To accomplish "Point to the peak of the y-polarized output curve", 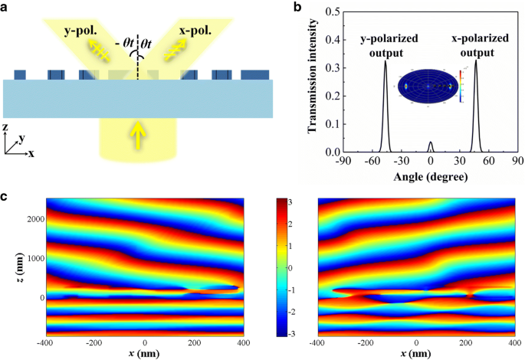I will tap(386, 62).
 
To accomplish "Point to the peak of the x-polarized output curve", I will tap(476, 61).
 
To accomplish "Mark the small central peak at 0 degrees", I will tap(431, 142).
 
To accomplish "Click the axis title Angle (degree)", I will tap(431, 176).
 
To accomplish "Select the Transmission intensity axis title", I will tap(313, 80).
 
